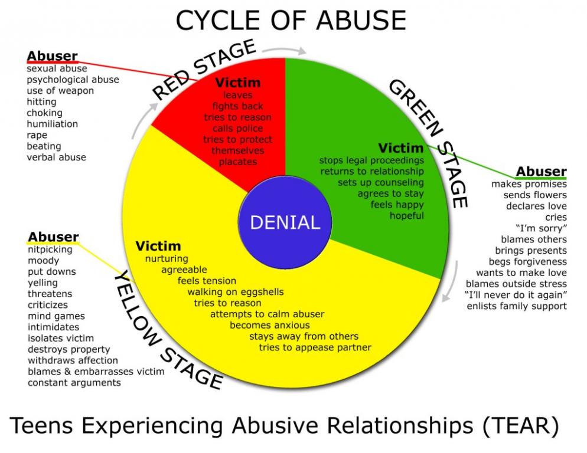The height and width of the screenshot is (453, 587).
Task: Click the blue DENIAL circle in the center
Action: pos(285,222)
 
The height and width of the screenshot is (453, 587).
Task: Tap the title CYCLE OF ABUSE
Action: pos(291,21)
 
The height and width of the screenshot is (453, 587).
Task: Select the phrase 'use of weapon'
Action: pos(60,91)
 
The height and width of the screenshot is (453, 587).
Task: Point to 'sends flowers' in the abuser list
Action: pos(535,195)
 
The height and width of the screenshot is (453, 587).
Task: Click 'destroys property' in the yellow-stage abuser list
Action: pos(69,349)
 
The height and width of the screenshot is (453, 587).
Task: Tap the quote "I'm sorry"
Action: pos(541,228)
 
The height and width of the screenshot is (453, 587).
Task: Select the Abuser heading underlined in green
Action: pos(541,172)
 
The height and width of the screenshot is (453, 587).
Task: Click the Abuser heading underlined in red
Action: pos(52,57)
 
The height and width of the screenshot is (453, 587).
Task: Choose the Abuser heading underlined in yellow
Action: pos(53,238)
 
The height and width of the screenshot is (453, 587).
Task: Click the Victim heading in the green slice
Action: pos(401,147)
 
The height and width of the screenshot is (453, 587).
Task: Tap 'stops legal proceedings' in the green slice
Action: pos(371,160)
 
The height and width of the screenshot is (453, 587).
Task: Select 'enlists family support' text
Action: pos(517,306)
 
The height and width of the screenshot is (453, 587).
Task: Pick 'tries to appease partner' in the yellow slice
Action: pos(315,347)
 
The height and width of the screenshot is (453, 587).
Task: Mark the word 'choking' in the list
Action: pos(44,113)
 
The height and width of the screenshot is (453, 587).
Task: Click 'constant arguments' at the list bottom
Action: pos(74,383)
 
